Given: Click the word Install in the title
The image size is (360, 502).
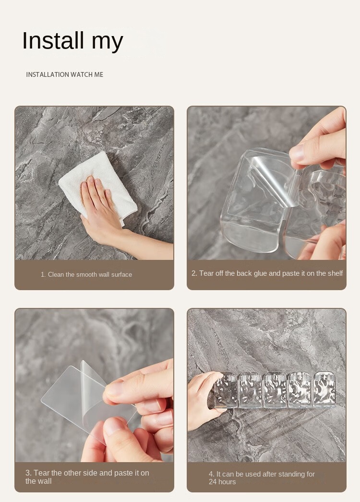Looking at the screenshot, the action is (x=53, y=40).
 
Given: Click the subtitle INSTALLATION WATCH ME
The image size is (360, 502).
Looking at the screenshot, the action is (x=65, y=74).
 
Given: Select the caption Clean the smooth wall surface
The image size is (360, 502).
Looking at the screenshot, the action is (x=86, y=274).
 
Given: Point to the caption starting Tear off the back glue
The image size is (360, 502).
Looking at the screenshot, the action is (x=267, y=273).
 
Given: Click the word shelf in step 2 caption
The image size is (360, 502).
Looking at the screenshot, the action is (x=336, y=273).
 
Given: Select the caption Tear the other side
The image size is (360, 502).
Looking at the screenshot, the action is (x=87, y=477).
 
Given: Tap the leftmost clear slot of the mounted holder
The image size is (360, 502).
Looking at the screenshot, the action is (x=226, y=390).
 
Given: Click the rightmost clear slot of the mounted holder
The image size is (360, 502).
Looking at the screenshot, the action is (x=324, y=389).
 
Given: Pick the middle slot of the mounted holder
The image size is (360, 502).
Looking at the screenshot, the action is (x=275, y=390).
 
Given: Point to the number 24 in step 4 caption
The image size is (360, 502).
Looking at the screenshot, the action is (x=213, y=482).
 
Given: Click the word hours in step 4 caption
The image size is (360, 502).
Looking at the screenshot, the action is (x=227, y=482).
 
